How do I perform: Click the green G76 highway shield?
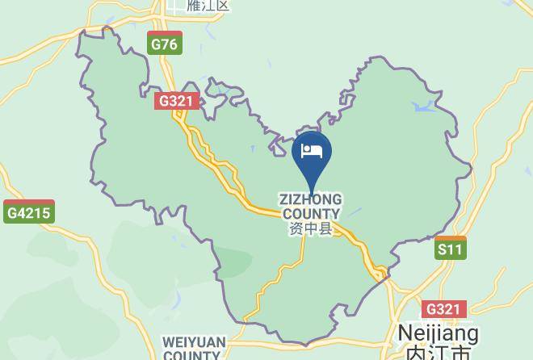pyautogui.click(x=164, y=44)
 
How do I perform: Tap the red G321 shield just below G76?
pyautogui.click(x=175, y=102)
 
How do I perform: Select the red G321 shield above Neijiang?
pyautogui.click(x=443, y=309)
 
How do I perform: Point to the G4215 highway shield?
pyautogui.click(x=28, y=213)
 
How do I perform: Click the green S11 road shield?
pyautogui.click(x=450, y=249)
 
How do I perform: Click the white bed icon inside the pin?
pyautogui.click(x=312, y=150)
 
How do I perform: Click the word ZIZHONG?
pyautogui.click(x=310, y=199)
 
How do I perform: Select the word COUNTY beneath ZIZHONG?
pyautogui.click(x=310, y=214)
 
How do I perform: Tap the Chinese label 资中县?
pyautogui.click(x=310, y=229)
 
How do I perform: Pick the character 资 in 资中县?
pyautogui.click(x=296, y=229)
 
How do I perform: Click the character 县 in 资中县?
pyautogui.click(x=325, y=229)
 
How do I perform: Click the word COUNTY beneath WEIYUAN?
pyautogui.click(x=194, y=355)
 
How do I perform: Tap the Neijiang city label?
pyautogui.click(x=439, y=333)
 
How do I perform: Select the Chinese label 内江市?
pyautogui.click(x=439, y=354)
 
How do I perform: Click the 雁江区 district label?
pyautogui.click(x=208, y=6)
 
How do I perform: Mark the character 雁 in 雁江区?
pyautogui.click(x=193, y=6)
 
